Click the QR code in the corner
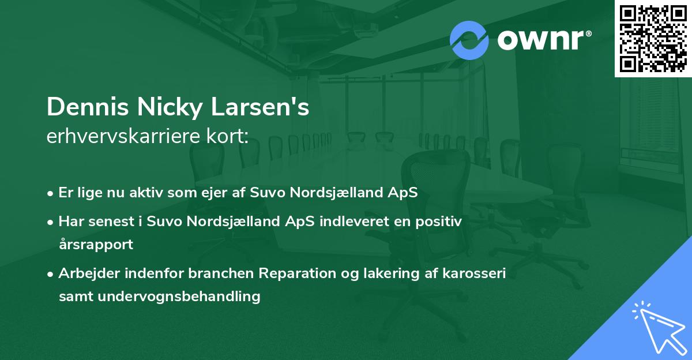tap(653, 38)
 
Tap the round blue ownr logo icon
tap(469, 40)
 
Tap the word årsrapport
tap(96, 244)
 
